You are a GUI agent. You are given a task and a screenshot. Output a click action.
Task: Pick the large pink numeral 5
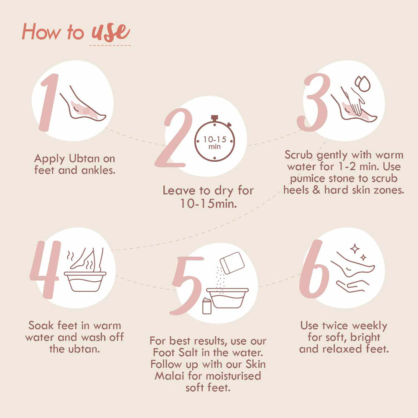[186, 285]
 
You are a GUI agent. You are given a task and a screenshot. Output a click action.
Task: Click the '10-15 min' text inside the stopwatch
[214, 143]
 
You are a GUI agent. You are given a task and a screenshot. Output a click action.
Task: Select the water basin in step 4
[85, 281]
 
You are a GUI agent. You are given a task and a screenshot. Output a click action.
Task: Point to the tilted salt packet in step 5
[232, 263]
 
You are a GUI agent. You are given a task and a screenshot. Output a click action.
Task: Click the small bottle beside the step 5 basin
[207, 306]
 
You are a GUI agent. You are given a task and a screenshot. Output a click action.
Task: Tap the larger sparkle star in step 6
[355, 249]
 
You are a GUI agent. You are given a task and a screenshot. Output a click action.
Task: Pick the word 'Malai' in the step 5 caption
[169, 376]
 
